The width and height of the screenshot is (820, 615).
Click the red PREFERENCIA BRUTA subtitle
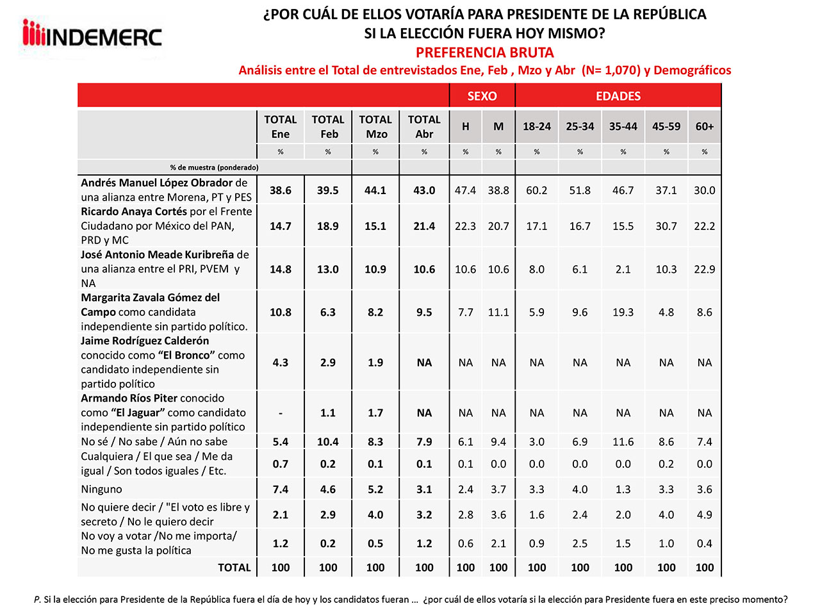tap(484, 53)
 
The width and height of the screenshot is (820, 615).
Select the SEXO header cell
tap(482, 96)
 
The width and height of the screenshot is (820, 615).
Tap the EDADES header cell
tap(618, 96)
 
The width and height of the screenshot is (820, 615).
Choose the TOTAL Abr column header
tap(424, 127)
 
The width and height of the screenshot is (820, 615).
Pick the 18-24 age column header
tap(537, 127)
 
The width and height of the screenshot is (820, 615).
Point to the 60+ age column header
tap(705, 127)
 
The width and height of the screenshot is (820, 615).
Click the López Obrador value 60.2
tap(537, 190)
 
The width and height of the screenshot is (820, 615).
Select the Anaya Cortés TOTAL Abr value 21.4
tap(424, 226)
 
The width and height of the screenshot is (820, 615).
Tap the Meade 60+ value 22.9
tap(705, 270)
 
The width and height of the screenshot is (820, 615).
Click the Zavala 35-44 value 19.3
tap(623, 313)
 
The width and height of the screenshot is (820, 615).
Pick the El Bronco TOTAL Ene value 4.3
tap(281, 363)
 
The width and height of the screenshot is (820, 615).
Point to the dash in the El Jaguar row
tap(281, 413)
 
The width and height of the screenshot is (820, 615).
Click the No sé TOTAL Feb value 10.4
tap(328, 442)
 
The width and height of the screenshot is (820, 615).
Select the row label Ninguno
tap(102, 489)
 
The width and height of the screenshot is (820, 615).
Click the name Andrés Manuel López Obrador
tap(156, 183)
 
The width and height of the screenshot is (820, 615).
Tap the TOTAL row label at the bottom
tap(234, 568)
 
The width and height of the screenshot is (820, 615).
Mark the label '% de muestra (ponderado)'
tap(215, 168)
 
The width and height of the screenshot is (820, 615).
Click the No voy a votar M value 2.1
tap(498, 544)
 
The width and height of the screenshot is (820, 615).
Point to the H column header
tap(466, 127)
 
